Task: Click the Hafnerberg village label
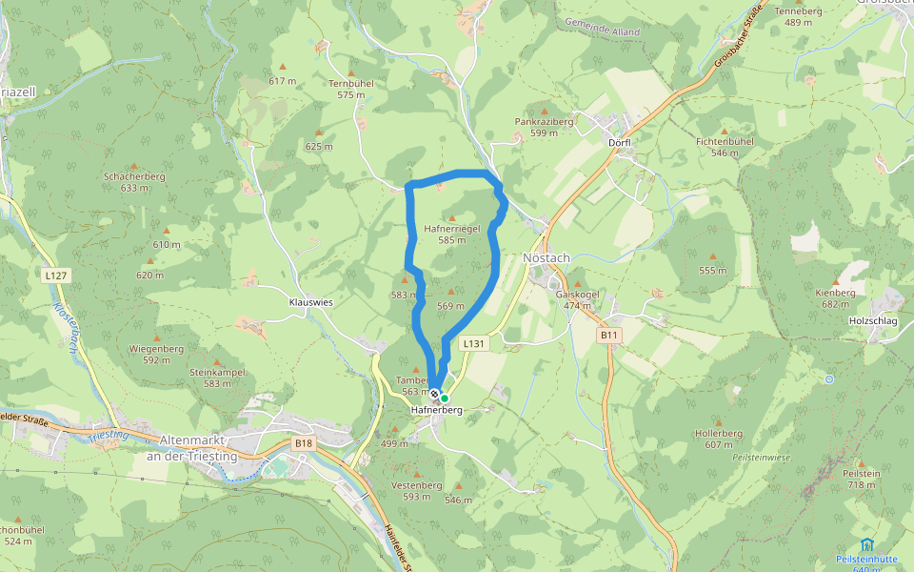point(436,410)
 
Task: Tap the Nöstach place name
point(546,258)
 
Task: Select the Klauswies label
point(311,301)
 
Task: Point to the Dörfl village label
point(619,143)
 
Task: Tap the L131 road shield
point(473,343)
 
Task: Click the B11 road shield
point(609,336)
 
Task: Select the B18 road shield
point(303,443)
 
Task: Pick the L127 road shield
point(56,275)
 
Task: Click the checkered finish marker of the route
point(434,394)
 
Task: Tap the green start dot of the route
point(445,398)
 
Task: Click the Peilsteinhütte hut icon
point(865,544)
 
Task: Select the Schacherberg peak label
point(134,176)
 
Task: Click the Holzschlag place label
point(871,321)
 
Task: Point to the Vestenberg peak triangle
point(417,474)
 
